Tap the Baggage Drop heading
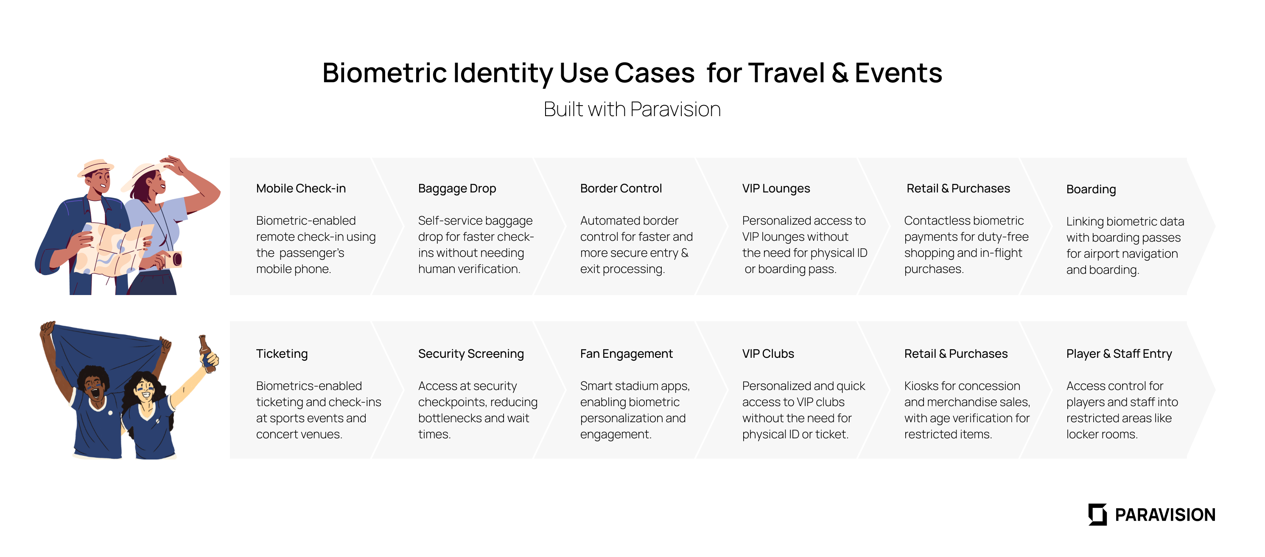point(457,189)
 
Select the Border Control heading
point(621,189)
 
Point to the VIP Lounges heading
point(776,189)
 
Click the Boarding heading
point(1091,190)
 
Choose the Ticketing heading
point(282,354)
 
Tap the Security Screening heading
point(471,354)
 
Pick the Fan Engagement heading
point(626,354)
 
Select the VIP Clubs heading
point(768,354)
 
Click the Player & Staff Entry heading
point(1119,354)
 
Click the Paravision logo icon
point(1097,514)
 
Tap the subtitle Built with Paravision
point(632,109)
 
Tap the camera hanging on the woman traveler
point(171,259)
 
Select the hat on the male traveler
point(95,168)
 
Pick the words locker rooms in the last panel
point(1102,435)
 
